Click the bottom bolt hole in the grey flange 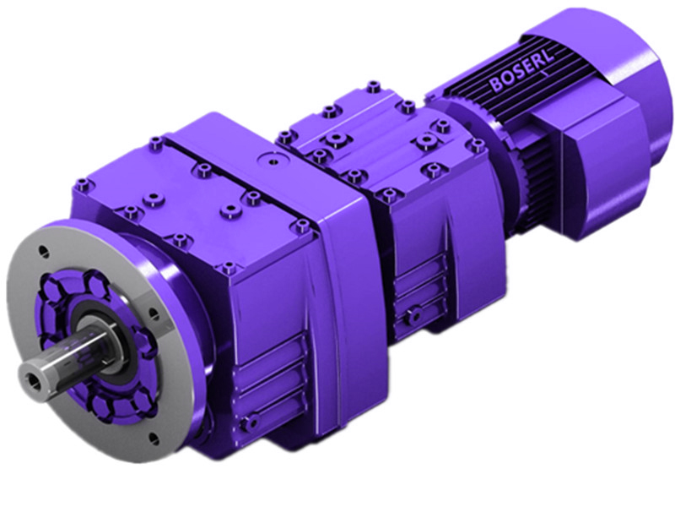click(x=151, y=437)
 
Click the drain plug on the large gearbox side click(x=248, y=422)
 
